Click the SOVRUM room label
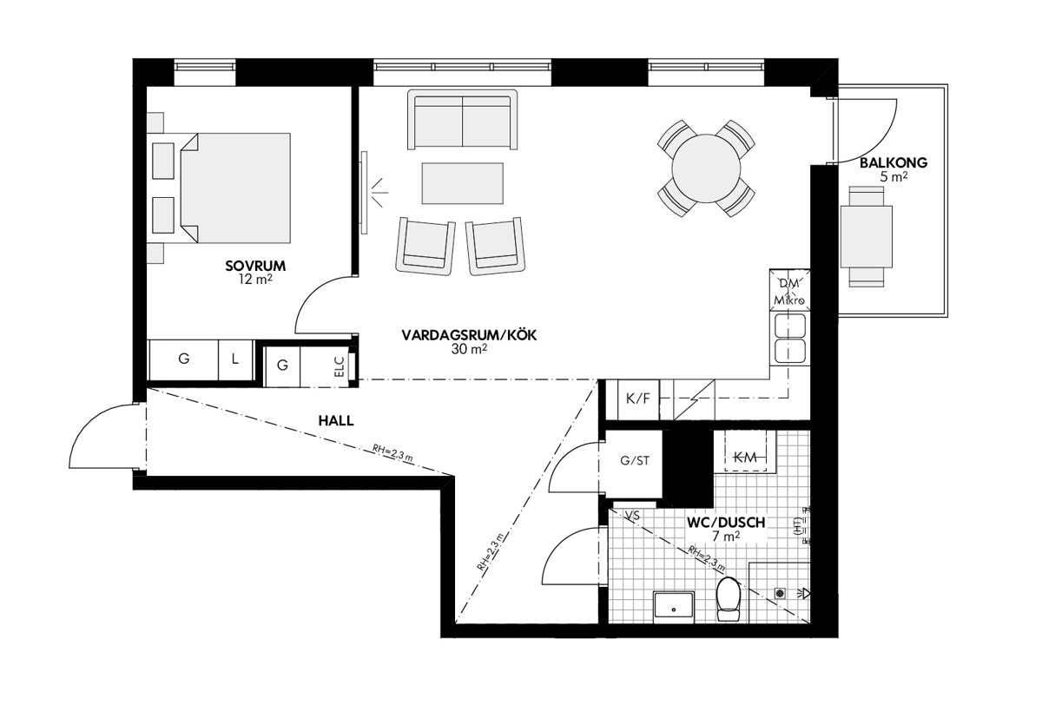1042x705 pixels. click(255, 266)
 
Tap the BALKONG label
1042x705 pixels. click(894, 162)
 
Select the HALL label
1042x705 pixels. click(336, 421)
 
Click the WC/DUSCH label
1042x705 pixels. click(726, 523)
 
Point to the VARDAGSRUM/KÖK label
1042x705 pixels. click(469, 335)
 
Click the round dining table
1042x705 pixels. click(706, 168)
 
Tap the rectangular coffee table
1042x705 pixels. click(462, 183)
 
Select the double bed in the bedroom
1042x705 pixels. click(235, 188)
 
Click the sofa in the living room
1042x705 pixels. click(462, 120)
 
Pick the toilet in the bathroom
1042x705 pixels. click(729, 598)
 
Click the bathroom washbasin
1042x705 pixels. click(674, 608)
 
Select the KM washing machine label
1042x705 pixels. click(745, 458)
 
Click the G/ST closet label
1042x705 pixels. click(635, 461)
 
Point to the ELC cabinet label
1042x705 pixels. click(339, 366)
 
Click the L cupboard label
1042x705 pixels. click(235, 359)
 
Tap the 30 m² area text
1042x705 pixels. click(469, 349)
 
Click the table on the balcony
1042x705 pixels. click(867, 237)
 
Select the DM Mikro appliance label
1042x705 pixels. click(789, 292)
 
